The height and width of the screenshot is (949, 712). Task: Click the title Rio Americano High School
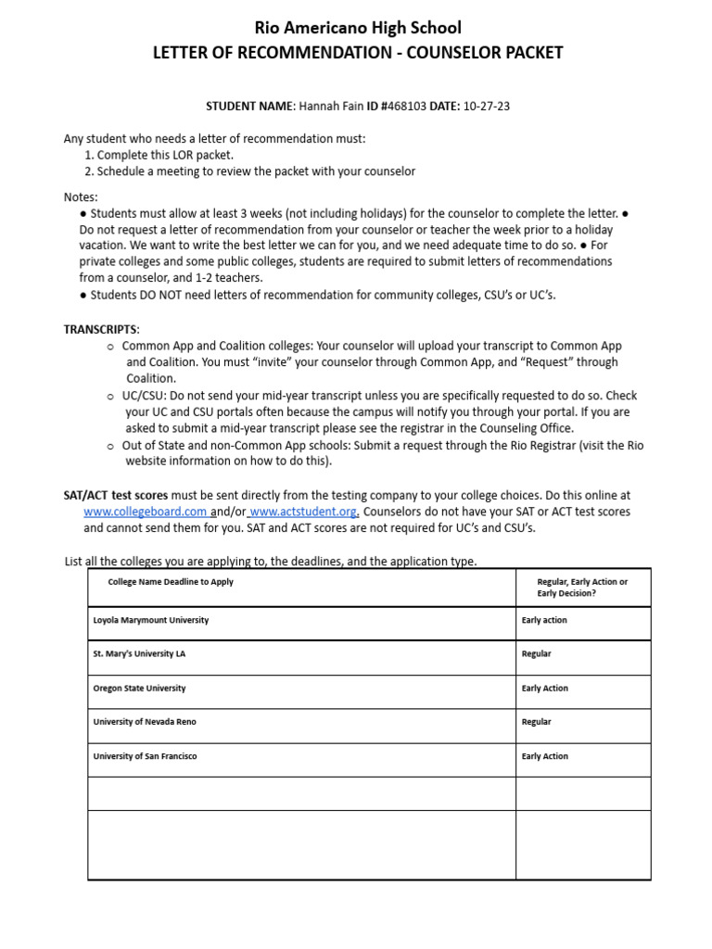click(357, 28)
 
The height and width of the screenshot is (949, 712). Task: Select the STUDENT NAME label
click(248, 107)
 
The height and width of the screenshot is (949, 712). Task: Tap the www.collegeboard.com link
click(145, 512)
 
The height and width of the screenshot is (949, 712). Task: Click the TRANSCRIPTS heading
click(101, 329)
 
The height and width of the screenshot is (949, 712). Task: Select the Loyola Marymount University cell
click(151, 620)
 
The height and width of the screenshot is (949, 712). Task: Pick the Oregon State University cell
click(139, 689)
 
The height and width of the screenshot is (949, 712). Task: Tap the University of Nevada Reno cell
click(145, 722)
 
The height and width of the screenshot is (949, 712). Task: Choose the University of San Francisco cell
click(145, 756)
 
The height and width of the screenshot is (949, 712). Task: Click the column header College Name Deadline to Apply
click(171, 582)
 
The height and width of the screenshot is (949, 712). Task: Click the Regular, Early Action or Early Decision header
click(581, 588)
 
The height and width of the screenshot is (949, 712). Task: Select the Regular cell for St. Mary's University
click(537, 654)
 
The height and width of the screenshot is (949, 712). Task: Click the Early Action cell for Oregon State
click(545, 689)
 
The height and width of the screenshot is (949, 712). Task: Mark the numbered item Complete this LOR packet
click(165, 155)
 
